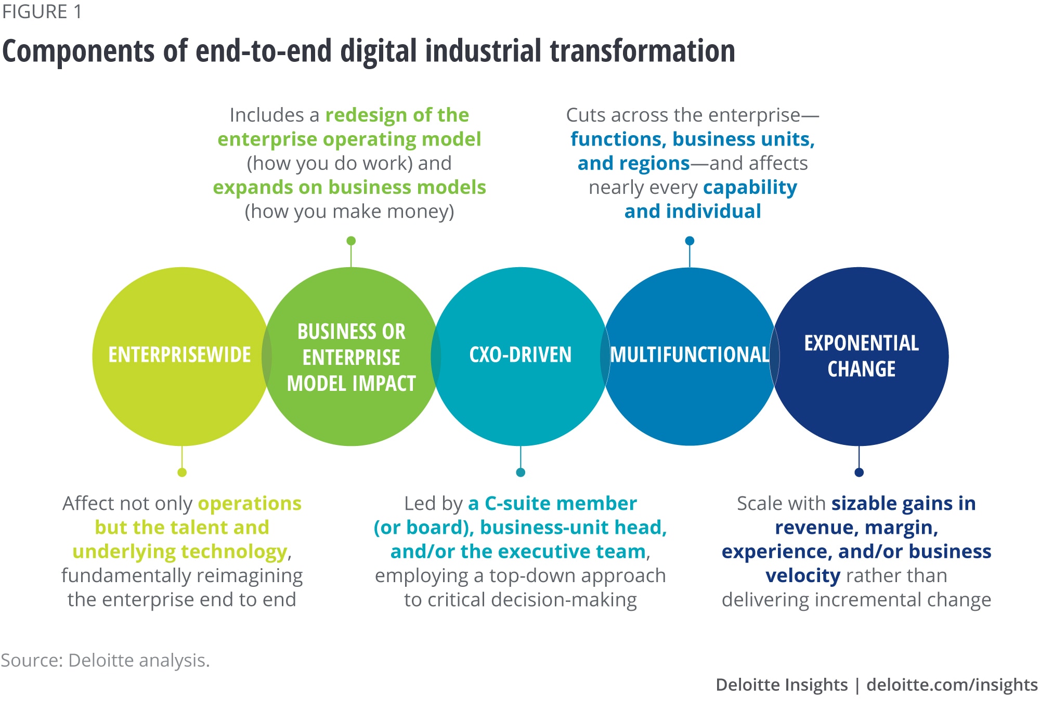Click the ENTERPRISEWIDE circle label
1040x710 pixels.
(x=179, y=355)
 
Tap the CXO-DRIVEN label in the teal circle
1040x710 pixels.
(x=521, y=355)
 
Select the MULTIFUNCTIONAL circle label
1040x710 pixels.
(x=690, y=355)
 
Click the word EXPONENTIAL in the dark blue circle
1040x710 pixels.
(x=862, y=343)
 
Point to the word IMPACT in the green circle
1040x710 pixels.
(x=384, y=384)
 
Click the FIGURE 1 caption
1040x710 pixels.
(x=42, y=12)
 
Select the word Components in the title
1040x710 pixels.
(x=79, y=51)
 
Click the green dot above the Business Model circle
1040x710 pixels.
(x=351, y=241)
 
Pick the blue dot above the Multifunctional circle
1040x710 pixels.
(x=690, y=241)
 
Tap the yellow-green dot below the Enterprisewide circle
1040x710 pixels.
(x=182, y=472)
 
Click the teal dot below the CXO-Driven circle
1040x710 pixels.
(x=521, y=472)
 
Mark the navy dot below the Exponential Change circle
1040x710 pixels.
(x=859, y=472)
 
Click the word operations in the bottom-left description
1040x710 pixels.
(x=250, y=504)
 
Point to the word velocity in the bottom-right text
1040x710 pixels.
(x=803, y=576)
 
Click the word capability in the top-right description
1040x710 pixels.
(x=750, y=188)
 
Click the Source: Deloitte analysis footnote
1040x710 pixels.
(x=106, y=660)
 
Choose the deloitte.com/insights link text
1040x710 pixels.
(x=952, y=685)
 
